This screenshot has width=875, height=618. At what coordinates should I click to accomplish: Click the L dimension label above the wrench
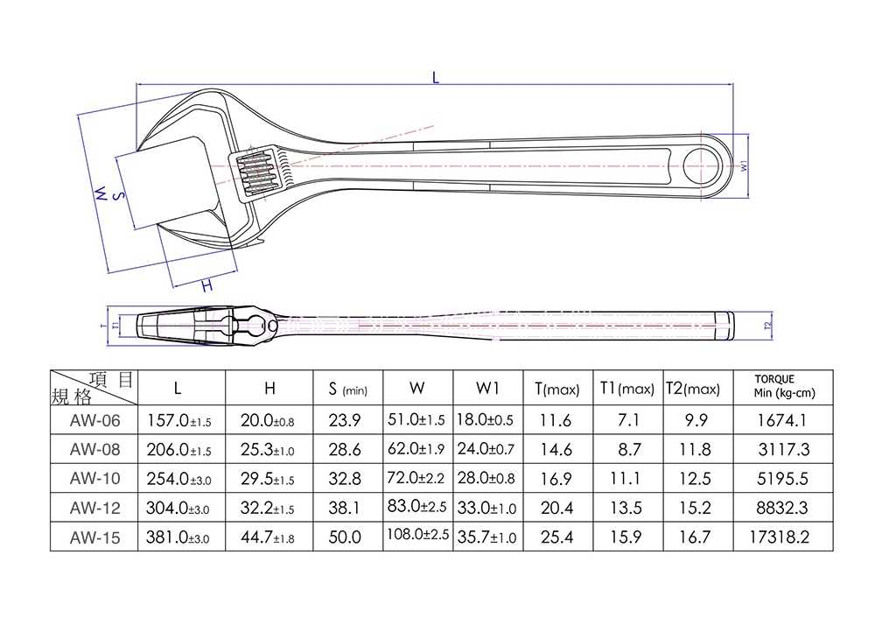(436, 77)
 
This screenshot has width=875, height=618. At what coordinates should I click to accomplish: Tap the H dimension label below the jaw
(207, 286)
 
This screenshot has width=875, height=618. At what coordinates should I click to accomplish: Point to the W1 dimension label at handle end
(744, 165)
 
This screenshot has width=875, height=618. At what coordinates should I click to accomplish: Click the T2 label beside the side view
(767, 326)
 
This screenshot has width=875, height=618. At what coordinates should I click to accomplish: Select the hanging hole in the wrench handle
(700, 166)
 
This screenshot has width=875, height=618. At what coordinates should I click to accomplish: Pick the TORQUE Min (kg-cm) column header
(784, 386)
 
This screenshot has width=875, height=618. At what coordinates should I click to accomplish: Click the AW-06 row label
(94, 420)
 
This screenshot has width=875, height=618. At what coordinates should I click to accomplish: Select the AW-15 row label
(94, 537)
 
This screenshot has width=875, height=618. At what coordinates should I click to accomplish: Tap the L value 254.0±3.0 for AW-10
(178, 479)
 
